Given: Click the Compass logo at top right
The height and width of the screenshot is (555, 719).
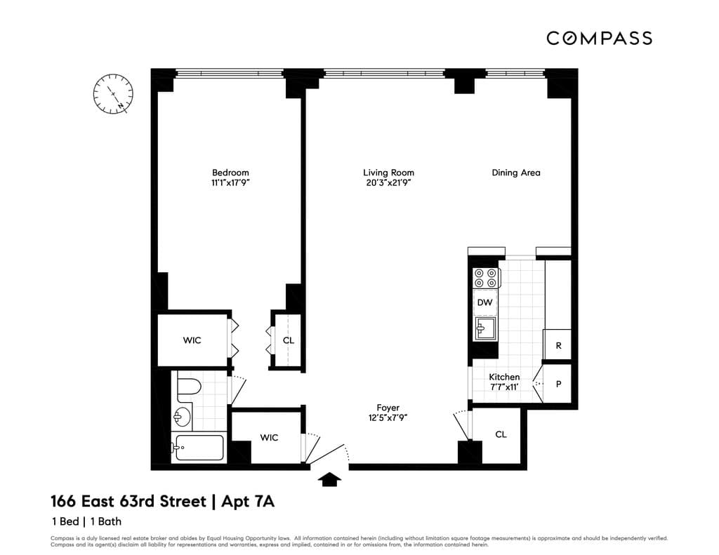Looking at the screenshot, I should (599, 38).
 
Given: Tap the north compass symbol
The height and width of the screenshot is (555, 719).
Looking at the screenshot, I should (113, 94).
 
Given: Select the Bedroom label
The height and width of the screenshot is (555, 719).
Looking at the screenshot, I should (230, 173).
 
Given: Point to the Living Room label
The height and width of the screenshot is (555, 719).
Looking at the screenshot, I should (388, 173).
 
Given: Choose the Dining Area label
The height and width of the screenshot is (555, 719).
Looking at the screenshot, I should (515, 173).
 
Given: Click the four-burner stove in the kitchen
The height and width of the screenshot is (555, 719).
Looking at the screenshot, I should (485, 278).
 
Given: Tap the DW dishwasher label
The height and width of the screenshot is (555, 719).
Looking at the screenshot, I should (484, 303).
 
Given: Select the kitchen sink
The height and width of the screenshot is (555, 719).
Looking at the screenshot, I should (484, 328).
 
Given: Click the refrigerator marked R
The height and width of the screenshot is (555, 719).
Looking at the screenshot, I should (558, 346).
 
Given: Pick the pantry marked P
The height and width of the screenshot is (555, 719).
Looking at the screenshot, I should (558, 385).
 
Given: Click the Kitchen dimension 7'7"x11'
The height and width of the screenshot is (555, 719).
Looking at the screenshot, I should (504, 387).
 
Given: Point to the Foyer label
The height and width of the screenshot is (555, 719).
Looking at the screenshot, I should (388, 408).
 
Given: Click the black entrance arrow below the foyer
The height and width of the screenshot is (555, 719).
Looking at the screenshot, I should (330, 479).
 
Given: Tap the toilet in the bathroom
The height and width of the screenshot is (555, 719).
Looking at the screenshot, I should (188, 387).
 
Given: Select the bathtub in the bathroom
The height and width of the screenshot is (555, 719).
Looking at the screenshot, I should (199, 448).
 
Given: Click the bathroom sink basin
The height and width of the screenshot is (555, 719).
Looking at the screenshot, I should (181, 417).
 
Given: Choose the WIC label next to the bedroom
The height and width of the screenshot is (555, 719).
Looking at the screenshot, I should (192, 340).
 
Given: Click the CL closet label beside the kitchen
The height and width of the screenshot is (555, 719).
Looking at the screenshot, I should (501, 434).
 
